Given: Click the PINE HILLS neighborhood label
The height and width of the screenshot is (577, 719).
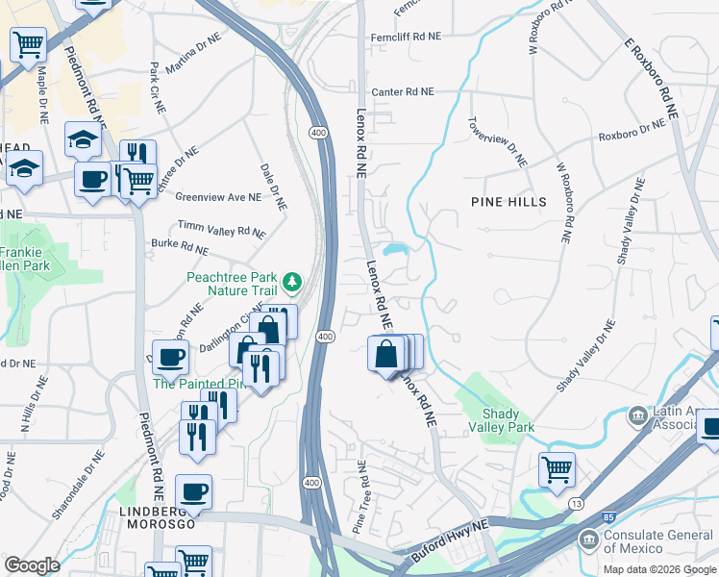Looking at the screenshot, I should (x=508, y=202).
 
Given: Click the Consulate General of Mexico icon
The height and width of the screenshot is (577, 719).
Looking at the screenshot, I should (x=587, y=540).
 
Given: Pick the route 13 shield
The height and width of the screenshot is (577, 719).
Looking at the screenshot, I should (x=575, y=504).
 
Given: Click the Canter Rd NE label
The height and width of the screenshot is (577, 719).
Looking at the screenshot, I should (x=403, y=92).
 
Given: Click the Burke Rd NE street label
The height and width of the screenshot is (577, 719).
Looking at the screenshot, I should (x=180, y=247).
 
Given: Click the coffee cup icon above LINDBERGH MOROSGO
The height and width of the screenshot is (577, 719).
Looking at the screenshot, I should (x=193, y=492).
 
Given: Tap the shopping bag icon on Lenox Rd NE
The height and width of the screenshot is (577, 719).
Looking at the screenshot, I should (x=385, y=353).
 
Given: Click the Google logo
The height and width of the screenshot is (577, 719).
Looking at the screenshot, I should (x=32, y=565).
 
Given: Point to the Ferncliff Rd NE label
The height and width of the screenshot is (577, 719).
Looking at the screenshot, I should (x=407, y=36).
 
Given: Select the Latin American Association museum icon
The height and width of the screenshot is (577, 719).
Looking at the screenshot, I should (x=636, y=416).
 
